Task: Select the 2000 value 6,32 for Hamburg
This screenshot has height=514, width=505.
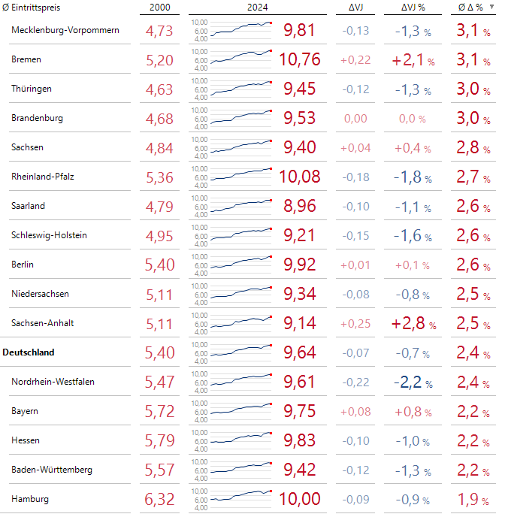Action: (x=159, y=499)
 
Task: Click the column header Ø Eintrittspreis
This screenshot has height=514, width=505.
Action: (x=32, y=8)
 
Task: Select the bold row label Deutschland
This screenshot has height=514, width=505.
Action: (x=29, y=352)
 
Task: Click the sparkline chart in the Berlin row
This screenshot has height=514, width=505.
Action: (x=240, y=265)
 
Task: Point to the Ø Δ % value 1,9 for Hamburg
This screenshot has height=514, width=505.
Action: (x=473, y=499)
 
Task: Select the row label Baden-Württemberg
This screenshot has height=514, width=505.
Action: (x=52, y=470)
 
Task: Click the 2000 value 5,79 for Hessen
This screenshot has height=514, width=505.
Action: (x=159, y=440)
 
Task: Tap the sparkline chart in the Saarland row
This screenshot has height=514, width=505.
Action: (x=240, y=207)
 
